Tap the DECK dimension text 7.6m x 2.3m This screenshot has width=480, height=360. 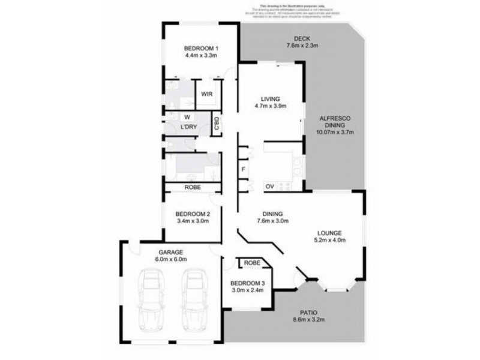pos(301,46)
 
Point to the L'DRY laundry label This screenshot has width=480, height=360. pos(190,127)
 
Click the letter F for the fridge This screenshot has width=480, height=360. pos(243,169)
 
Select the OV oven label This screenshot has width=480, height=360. pos(271,187)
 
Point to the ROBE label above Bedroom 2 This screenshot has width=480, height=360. pos(192,188)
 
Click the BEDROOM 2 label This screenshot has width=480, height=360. pos(192,214)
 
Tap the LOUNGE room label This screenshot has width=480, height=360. pos(330,233)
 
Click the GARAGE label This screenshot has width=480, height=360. pos(171,253)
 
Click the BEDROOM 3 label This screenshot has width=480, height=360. pos(247,283)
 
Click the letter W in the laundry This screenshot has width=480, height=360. pos(187,117)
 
